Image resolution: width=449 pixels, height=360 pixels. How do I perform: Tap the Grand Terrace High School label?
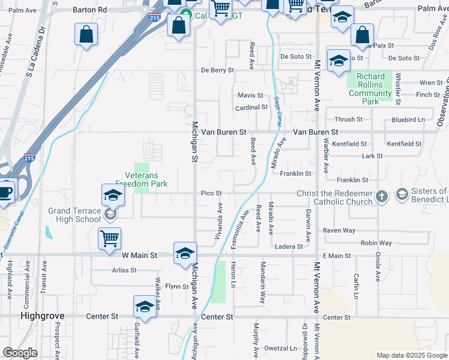click(x=75, y=215)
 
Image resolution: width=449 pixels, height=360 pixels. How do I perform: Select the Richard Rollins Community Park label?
click(x=370, y=89)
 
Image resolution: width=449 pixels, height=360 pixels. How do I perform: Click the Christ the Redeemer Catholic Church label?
click(x=335, y=197)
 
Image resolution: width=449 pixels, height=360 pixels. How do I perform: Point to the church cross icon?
click(x=382, y=196)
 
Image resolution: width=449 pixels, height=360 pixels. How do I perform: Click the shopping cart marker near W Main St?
click(x=110, y=239)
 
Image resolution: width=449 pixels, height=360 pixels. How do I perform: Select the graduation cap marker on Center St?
click(x=145, y=307)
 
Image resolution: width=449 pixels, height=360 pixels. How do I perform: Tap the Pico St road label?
click(x=211, y=193)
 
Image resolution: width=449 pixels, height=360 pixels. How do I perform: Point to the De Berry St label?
click(x=217, y=70)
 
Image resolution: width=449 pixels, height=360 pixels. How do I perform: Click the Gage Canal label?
click(x=277, y=111)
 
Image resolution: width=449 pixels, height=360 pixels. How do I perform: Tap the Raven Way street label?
click(x=339, y=230)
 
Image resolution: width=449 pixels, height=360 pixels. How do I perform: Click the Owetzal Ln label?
click(x=281, y=348)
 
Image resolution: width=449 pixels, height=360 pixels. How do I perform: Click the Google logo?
click(x=20, y=353)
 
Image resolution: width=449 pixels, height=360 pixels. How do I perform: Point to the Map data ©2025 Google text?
click(x=411, y=355)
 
